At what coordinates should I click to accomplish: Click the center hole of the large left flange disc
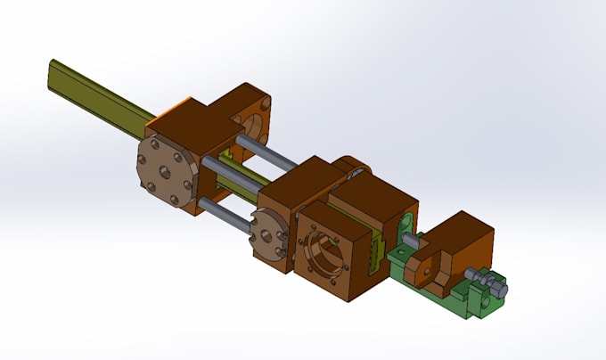168,169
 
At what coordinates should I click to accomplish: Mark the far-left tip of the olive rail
53,70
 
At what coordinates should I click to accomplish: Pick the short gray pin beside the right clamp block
411,240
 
